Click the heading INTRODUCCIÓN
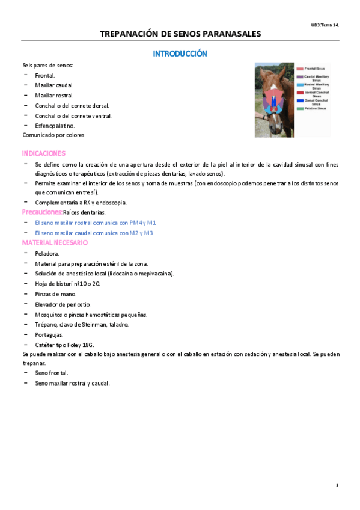pyautogui.click(x=180, y=54)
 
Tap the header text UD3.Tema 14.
pyautogui.click(x=325, y=25)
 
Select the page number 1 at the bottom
pyautogui.click(x=337, y=485)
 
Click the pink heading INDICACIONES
pyautogui.click(x=44, y=153)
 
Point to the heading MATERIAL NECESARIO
pyautogui.click(x=55, y=242)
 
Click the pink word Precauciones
pyautogui.click(x=42, y=212)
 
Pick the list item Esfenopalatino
pyautogui.click(x=55, y=126)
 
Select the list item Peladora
pyautogui.click(x=47, y=253)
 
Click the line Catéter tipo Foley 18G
pyautogui.click(x=64, y=345)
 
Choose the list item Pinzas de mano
pyautogui.click(x=55, y=294)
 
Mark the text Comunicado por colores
pyautogui.click(x=53, y=135)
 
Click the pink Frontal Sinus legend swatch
pyautogui.click(x=300, y=69)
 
